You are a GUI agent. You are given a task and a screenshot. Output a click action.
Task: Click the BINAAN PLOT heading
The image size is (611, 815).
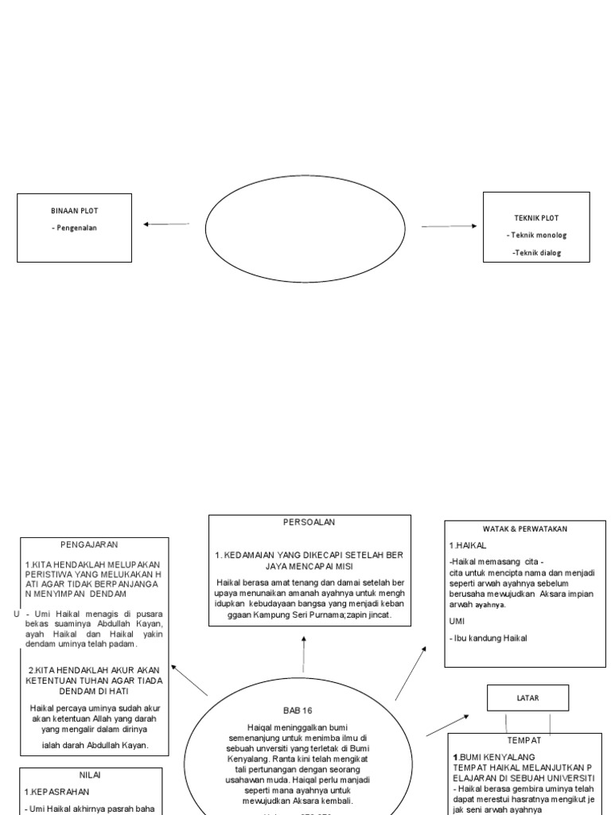point(74,211)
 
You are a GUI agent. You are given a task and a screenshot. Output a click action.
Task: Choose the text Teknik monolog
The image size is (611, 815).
point(536,236)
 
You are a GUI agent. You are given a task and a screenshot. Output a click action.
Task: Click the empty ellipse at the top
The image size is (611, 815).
point(305,226)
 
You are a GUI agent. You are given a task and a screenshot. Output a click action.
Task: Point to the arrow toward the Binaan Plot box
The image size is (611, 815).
point(167,224)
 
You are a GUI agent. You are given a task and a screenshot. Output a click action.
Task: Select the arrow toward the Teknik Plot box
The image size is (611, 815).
point(449,227)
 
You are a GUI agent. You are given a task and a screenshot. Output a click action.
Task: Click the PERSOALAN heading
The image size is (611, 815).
point(309,522)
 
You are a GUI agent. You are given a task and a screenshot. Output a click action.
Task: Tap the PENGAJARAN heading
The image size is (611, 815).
point(89,544)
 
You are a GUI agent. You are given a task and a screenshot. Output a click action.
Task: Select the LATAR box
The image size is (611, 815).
point(527,698)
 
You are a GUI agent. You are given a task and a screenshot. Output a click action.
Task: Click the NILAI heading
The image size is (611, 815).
point(91,774)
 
